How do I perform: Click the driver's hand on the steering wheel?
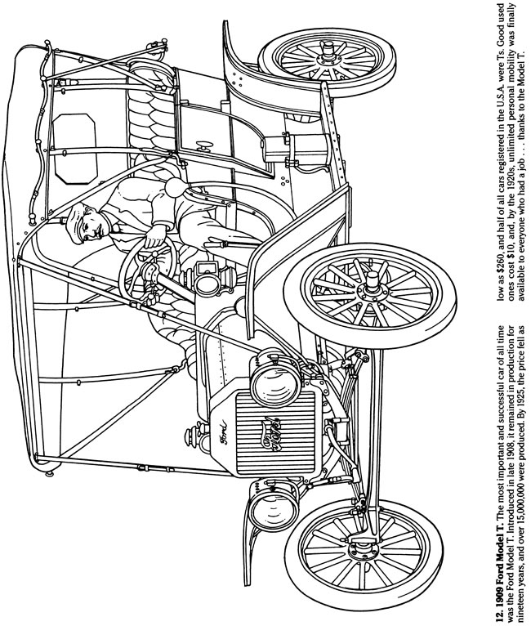(151, 242)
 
